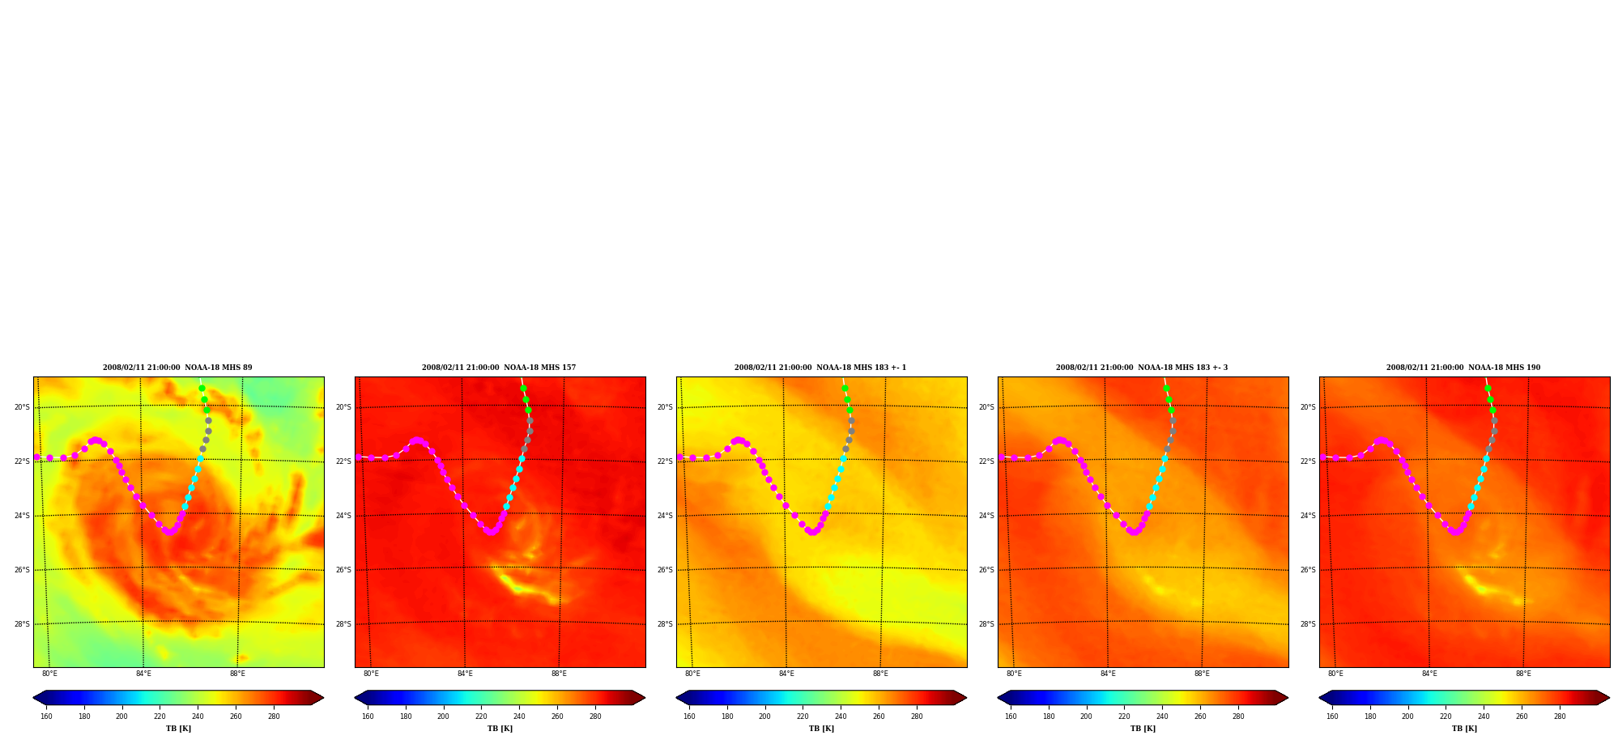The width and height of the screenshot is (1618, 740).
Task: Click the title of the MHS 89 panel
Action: (x=177, y=368)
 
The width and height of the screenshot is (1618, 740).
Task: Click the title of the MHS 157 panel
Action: (x=499, y=368)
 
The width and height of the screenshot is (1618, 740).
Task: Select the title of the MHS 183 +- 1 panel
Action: (x=820, y=368)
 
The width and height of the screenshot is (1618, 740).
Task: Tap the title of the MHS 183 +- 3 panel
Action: (x=1142, y=368)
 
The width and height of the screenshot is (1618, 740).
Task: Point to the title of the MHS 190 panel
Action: (x=1463, y=368)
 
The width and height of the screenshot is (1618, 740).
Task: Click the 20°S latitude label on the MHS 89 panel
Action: (x=22, y=407)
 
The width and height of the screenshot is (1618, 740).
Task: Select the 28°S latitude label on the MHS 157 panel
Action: (x=343, y=624)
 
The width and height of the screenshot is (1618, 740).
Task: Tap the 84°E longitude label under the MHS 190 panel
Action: (x=1429, y=674)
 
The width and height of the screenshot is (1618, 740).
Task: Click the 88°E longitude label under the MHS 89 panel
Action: (x=237, y=674)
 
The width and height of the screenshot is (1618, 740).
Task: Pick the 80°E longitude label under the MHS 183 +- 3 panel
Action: (x=1014, y=674)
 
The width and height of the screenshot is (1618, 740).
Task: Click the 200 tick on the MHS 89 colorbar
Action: (x=121, y=717)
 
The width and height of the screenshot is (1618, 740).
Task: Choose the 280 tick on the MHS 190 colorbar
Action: (x=1560, y=717)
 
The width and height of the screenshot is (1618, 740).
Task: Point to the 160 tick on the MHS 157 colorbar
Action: (x=368, y=717)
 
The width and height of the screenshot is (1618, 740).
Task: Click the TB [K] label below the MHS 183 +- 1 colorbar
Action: (x=821, y=729)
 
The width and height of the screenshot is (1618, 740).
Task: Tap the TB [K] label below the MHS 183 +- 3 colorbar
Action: (x=1143, y=729)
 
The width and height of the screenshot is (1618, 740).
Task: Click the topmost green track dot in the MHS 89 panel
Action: (x=202, y=389)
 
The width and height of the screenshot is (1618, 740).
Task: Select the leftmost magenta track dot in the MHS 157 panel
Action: (x=358, y=457)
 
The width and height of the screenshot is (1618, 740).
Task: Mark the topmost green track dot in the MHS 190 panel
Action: (x=1488, y=389)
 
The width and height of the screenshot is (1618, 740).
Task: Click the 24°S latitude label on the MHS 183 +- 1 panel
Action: (x=665, y=516)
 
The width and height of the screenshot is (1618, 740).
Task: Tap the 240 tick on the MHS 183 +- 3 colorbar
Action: (x=1162, y=717)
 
